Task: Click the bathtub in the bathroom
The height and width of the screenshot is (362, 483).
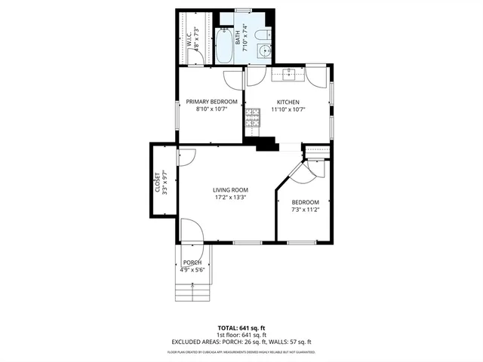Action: (225, 45)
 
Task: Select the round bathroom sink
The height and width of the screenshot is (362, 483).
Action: (263, 51)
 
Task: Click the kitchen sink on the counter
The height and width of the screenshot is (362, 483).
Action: (289, 73)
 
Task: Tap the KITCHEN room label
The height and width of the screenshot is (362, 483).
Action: (288, 102)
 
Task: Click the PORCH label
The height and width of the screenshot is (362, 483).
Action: (193, 262)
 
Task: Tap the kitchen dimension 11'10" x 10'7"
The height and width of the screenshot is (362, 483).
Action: (288, 109)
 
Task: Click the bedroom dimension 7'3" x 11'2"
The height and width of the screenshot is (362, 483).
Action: (306, 210)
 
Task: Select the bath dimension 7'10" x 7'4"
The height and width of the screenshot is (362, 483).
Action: (245, 35)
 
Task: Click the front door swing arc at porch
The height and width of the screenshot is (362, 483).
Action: (191, 230)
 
